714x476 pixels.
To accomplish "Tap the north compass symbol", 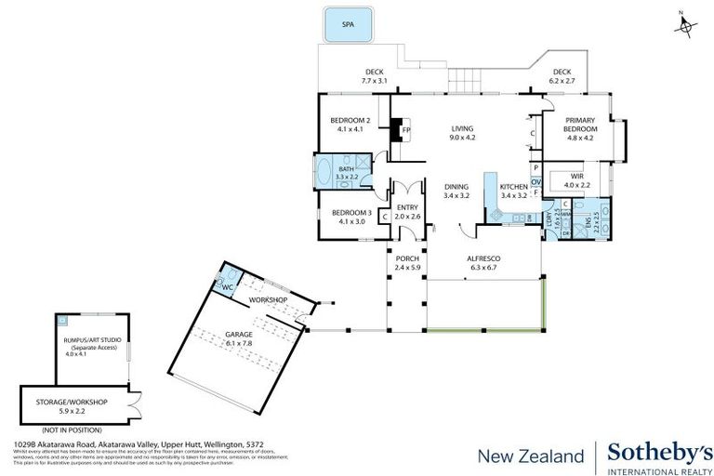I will point(685,26).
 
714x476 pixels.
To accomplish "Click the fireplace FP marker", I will point(405,130).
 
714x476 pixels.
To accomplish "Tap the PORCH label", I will point(408,261).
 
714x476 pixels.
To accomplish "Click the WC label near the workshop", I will point(226,288).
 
